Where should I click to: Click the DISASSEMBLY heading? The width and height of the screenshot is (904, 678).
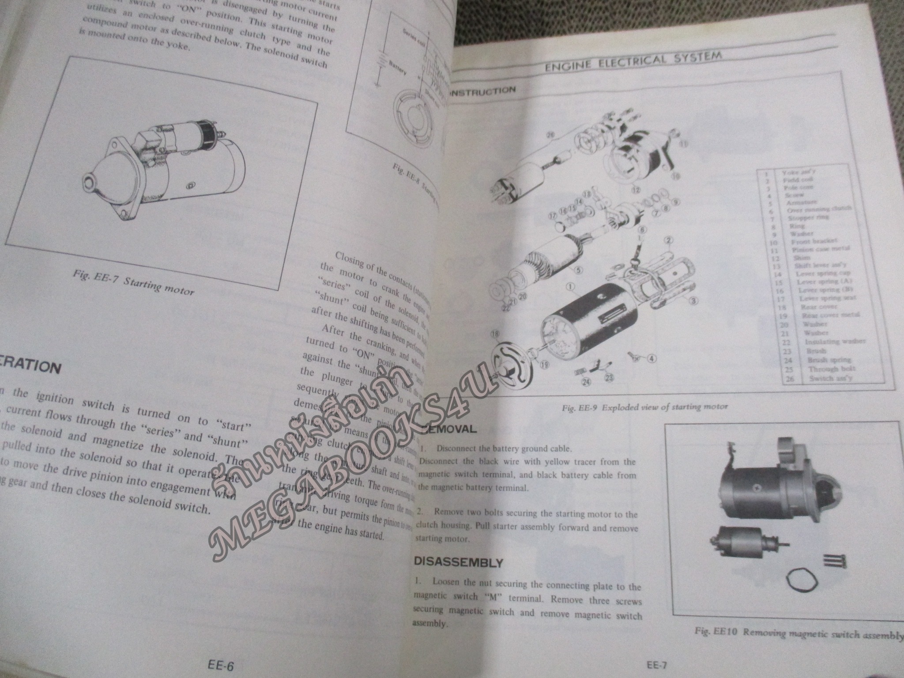point(458,563)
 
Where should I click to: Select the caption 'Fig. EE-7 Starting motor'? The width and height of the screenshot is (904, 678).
point(134,285)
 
